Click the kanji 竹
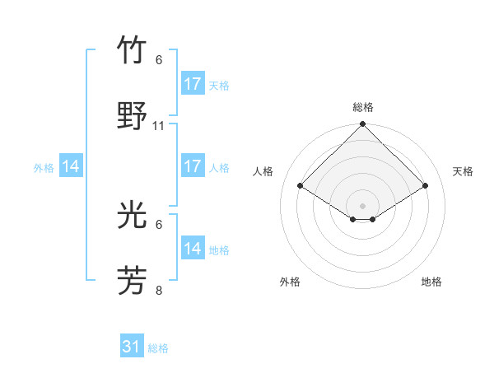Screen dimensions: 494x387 click(133, 52)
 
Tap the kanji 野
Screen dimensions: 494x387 click(133, 116)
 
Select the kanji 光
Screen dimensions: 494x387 click(133, 216)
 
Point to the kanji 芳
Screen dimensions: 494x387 click(133, 281)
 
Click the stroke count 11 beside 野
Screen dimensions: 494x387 click(159, 125)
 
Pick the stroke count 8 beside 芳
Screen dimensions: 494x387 click(159, 290)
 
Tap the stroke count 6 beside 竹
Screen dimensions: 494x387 click(159, 60)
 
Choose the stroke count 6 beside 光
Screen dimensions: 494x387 click(159, 224)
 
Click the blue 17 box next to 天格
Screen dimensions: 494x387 click(193, 84)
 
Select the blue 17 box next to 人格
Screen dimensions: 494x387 click(193, 166)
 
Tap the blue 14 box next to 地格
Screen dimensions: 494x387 click(193, 249)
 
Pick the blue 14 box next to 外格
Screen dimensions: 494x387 click(71, 166)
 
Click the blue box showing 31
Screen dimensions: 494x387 click(132, 347)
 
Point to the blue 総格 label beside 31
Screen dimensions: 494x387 click(158, 348)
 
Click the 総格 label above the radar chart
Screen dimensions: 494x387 click(363, 107)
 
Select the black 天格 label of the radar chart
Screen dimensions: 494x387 click(464, 171)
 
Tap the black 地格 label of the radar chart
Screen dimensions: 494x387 click(431, 282)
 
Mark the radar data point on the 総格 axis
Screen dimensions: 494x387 click(363, 125)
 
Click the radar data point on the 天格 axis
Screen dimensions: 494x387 click(426, 185)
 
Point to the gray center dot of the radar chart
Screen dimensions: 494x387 click(363, 205)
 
